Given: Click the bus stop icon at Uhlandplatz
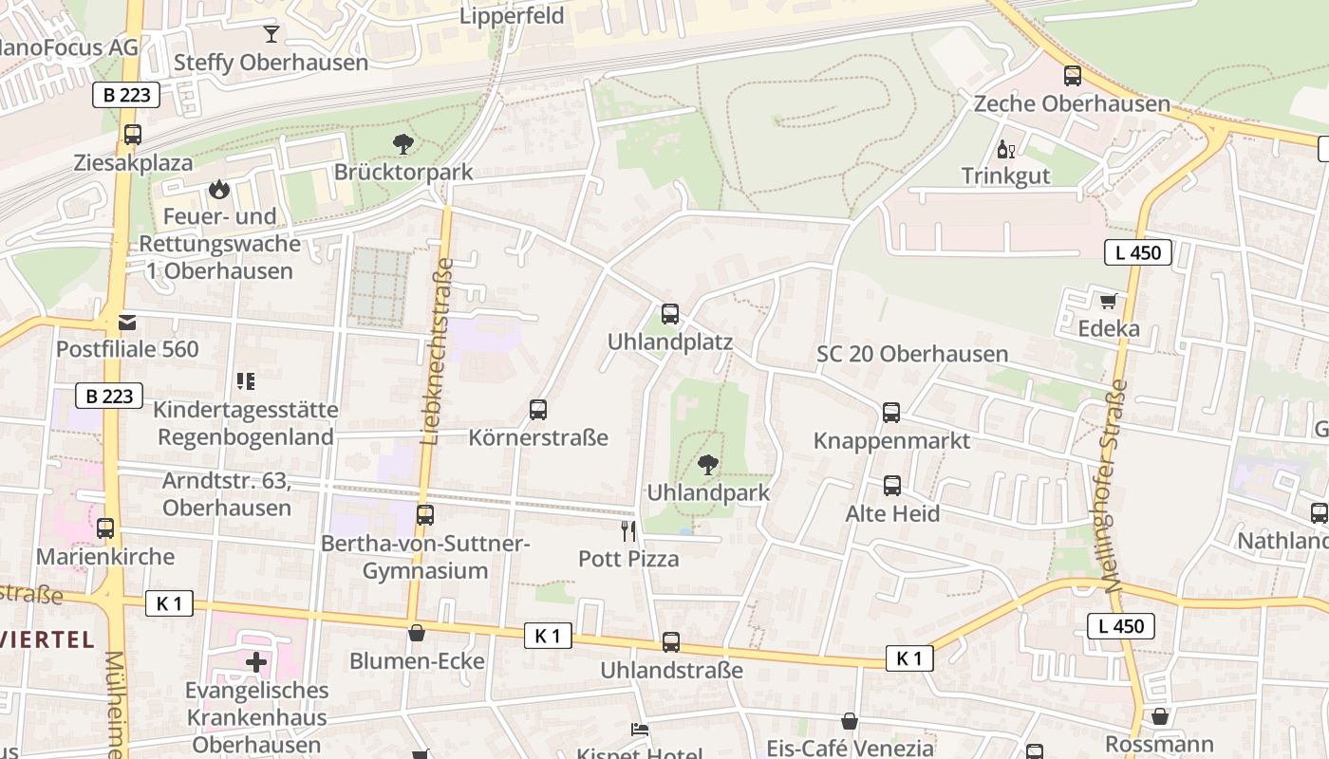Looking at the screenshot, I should tap(670, 314).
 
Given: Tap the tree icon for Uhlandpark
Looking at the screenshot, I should tap(707, 465).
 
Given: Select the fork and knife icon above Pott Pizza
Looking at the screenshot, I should tap(627, 530).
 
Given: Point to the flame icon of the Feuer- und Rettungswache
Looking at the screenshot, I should tap(219, 189).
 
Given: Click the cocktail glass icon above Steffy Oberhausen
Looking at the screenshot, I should tap(271, 34).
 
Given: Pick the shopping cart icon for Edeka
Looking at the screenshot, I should tap(1108, 302).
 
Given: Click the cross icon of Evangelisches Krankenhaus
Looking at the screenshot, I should tap(255, 661).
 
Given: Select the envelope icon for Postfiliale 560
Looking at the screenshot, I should tap(127, 323).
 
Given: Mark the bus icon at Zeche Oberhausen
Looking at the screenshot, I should tap(1073, 76).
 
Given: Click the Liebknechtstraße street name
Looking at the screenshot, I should tap(437, 351).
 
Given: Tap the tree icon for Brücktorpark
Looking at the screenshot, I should tap(403, 144).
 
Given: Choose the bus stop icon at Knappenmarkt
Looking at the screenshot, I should tap(891, 413).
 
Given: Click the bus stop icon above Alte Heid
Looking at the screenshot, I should tap(892, 486).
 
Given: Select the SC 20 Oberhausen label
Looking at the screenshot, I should tap(912, 354).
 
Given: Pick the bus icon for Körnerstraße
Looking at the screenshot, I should tap(538, 410).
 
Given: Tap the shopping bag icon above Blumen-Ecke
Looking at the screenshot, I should tap(417, 633).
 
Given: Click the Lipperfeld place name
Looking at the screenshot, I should tap(512, 16).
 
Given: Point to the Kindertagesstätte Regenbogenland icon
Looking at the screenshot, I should tap(246, 381).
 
